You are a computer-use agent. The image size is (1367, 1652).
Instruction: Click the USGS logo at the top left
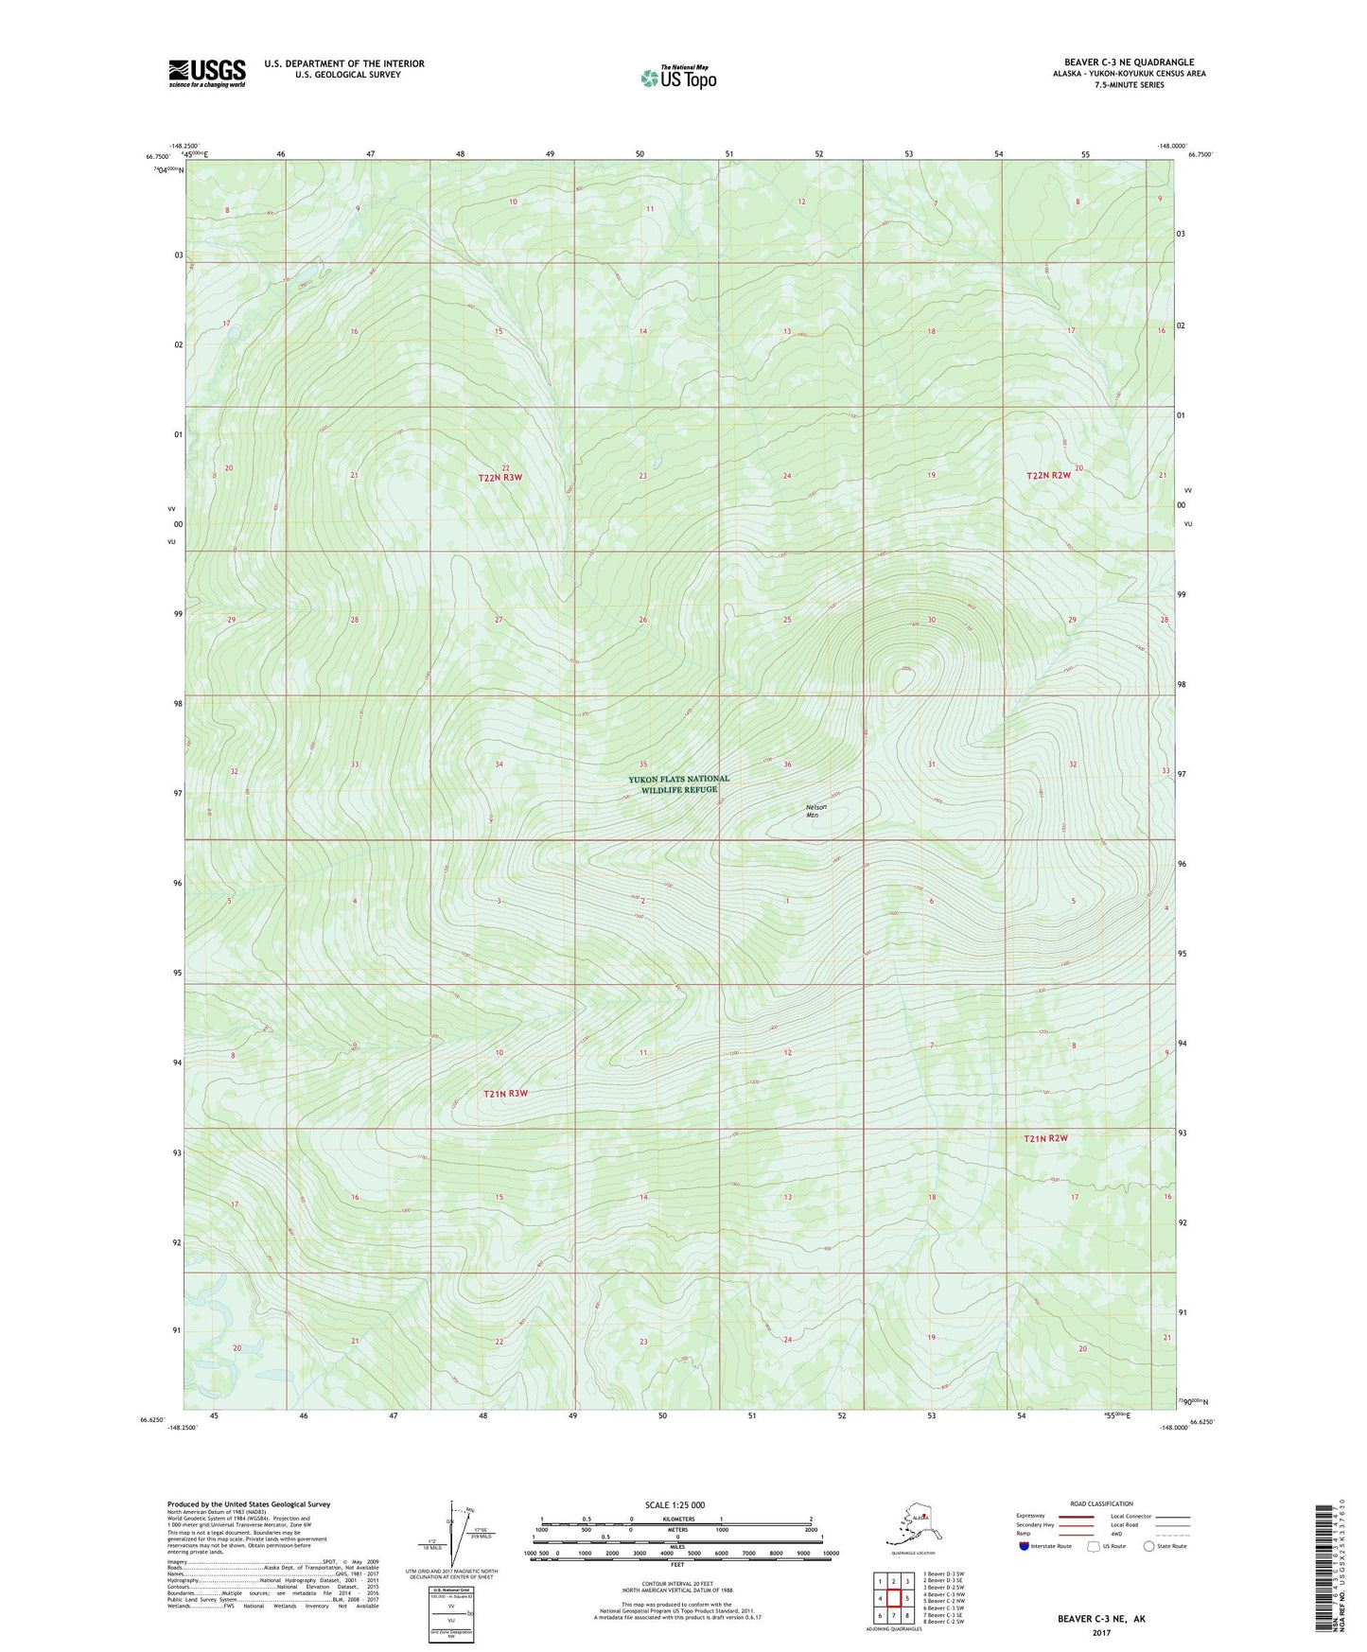pos(207,73)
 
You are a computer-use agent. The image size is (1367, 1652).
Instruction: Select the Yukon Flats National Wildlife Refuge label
pos(678,784)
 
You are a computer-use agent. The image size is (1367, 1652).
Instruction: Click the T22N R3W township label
pos(499,478)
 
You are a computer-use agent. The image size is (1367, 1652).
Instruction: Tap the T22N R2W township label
pos(1050,475)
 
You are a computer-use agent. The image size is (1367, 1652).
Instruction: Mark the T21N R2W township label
pos(1045,1138)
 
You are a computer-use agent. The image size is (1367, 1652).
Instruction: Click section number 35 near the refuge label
pos(643,764)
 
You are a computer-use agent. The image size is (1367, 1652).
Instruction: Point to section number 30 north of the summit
pos(931,620)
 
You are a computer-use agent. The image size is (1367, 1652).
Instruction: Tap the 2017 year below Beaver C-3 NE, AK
pos(1100,1632)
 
